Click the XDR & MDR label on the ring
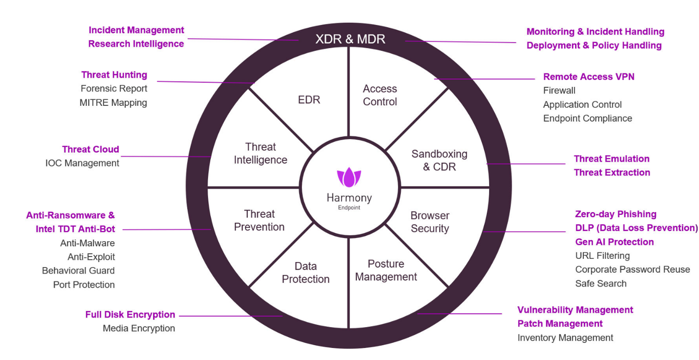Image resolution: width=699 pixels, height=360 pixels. [x=350, y=39]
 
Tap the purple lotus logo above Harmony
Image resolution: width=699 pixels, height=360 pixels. [x=349, y=178]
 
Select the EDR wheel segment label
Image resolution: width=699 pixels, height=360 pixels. [x=309, y=100]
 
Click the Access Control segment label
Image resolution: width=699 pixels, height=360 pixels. [x=380, y=95]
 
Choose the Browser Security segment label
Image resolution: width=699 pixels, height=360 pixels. [x=430, y=222]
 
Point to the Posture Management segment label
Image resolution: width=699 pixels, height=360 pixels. [x=386, y=270]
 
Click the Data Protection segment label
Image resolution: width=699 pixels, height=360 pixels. [x=306, y=273]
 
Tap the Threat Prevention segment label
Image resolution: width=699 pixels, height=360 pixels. [x=259, y=220]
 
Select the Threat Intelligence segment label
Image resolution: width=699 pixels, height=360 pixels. [x=260, y=154]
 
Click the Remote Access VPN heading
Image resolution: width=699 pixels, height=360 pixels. [x=589, y=77]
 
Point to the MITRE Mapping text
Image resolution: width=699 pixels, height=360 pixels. [x=113, y=103]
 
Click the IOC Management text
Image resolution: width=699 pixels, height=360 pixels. [x=82, y=163]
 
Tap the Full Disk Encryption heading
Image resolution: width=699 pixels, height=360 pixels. [x=130, y=315]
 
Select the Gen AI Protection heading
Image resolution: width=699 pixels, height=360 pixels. [x=615, y=242]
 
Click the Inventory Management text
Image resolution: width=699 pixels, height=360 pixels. [x=565, y=338]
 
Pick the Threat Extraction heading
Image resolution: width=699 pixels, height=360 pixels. [x=612, y=173]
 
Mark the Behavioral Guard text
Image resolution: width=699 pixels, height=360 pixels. [x=78, y=270]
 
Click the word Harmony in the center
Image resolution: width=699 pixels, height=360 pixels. [x=349, y=198]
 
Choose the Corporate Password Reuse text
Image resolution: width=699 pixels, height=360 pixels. [x=633, y=270]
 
